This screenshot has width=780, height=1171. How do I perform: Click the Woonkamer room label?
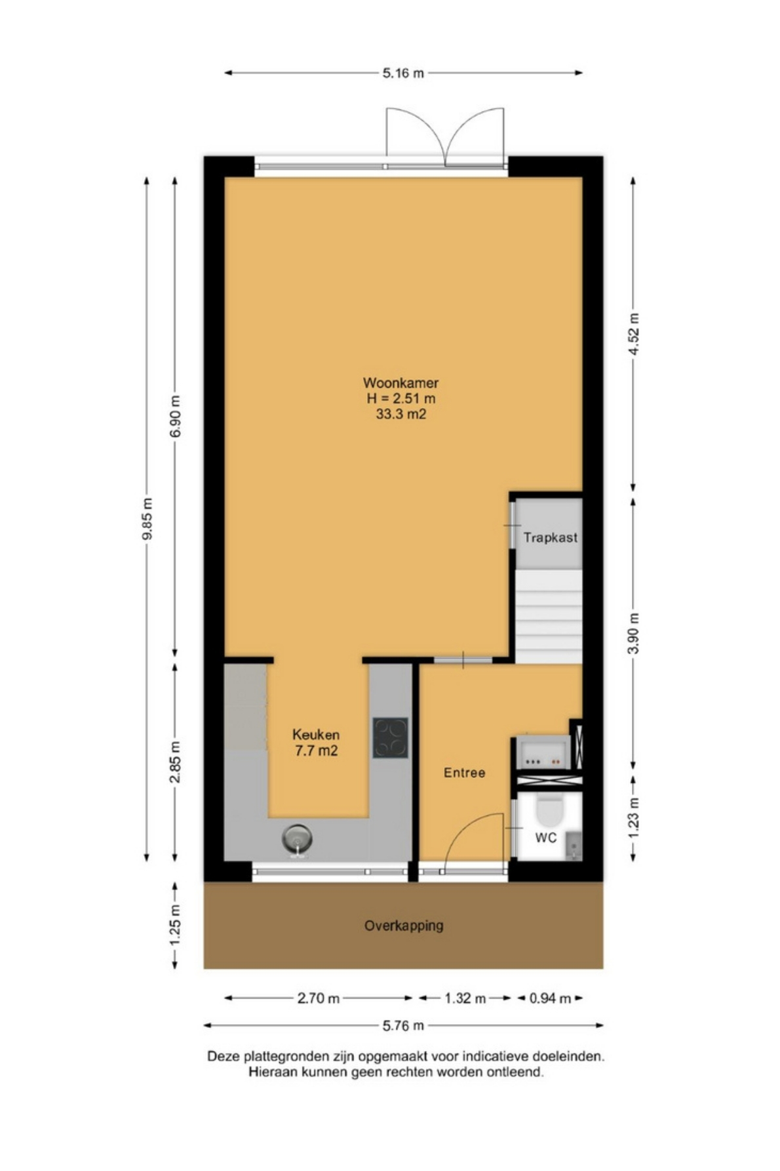tap(400, 382)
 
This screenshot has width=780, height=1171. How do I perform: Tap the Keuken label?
tap(316, 735)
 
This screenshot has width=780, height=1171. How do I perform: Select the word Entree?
tap(464, 773)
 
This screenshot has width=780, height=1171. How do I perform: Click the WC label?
tap(546, 838)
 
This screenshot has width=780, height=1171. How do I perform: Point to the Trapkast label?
tap(551, 538)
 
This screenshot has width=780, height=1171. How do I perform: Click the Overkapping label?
tap(404, 926)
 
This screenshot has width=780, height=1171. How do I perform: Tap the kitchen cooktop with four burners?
tap(391, 738)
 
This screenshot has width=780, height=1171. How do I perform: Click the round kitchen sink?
tap(297, 839)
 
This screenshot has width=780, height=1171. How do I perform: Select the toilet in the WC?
tap(549, 811)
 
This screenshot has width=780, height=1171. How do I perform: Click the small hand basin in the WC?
tap(573, 845)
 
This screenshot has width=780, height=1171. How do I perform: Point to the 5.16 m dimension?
tap(403, 73)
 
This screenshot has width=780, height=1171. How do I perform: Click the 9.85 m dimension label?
tap(148, 518)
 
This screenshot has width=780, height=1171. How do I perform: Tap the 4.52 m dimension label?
tap(634, 335)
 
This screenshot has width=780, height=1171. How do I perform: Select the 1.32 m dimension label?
tap(465, 998)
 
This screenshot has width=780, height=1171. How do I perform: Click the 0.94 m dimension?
tap(550, 998)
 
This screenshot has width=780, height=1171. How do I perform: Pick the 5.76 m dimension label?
tap(403, 1025)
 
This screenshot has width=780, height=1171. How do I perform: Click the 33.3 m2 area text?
tap(401, 414)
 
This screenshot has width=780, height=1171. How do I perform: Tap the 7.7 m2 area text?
tap(316, 751)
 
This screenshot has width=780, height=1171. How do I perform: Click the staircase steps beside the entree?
tap(549, 617)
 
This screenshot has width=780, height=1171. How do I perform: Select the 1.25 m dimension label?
tap(176, 925)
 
